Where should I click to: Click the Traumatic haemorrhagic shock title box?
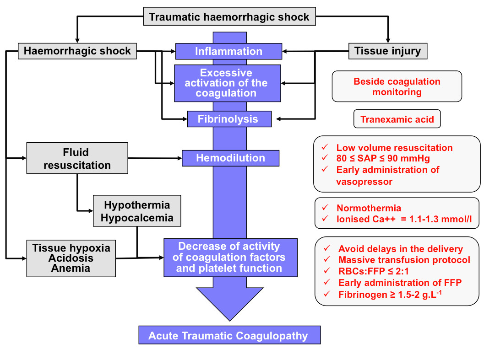tap(229, 17)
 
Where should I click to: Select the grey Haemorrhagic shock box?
tap(77, 50)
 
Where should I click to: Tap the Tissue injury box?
tap(388, 50)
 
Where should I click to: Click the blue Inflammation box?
tap(228, 51)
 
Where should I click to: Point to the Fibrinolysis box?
tap(228, 119)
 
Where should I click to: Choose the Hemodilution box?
tap(230, 158)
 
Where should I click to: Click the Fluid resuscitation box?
tap(77, 158)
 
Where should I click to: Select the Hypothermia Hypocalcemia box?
tap(137, 211)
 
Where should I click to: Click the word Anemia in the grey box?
tap(71, 268)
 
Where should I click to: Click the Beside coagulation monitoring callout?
tap(397, 86)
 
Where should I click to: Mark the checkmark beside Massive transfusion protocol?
tap(326, 260)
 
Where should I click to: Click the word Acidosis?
tap(71, 258)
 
